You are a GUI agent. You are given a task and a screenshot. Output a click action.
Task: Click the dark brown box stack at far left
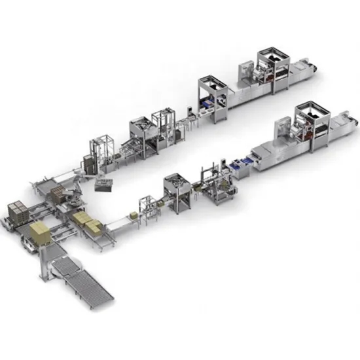tap(17, 213)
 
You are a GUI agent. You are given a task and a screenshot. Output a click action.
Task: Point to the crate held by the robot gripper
tap(104, 185)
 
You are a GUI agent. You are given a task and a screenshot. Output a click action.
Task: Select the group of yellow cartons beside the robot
tap(87, 222)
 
